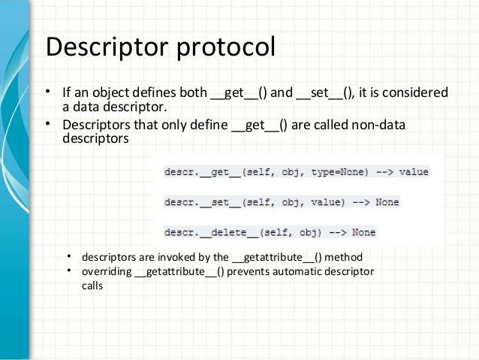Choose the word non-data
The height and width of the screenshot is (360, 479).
tap(376, 125)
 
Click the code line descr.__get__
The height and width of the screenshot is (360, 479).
tap(296, 172)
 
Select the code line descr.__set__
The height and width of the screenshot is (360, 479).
tap(282, 202)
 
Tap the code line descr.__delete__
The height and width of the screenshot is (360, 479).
tap(270, 232)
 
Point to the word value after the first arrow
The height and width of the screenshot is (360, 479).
tap(414, 172)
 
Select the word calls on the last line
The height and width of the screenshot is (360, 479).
tap(92, 286)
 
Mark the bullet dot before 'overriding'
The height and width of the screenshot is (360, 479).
tap(68, 271)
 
